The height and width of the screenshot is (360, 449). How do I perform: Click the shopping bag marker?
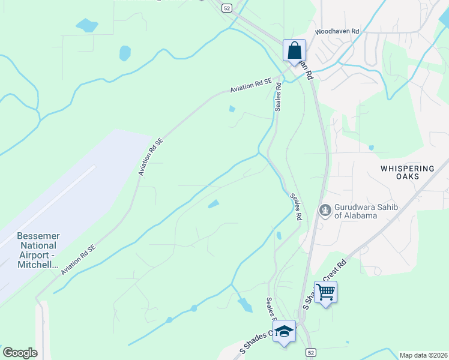(x=295, y=50)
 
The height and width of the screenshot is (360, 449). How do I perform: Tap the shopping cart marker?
(x=325, y=292)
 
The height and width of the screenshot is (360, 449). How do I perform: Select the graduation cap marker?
(x=285, y=332)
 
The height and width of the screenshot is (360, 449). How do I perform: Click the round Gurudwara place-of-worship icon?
(x=325, y=211)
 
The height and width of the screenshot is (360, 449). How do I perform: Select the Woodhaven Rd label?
(x=337, y=32)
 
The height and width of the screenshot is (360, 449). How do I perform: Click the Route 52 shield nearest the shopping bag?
(x=226, y=8)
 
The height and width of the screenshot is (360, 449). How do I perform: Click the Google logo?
(x=20, y=353)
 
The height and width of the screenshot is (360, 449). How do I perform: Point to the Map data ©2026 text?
(x=423, y=355)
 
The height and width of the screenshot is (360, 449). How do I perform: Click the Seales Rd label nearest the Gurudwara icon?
(x=295, y=206)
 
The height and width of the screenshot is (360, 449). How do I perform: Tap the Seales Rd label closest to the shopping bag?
(x=279, y=96)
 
